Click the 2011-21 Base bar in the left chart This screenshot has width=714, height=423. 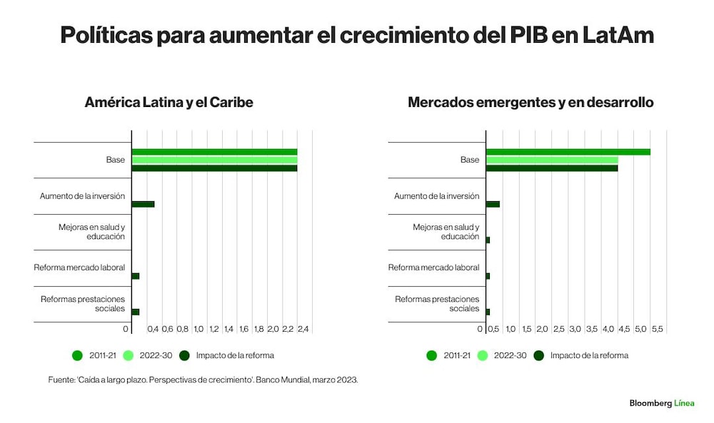click(214, 152)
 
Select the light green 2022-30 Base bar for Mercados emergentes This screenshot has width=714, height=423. click(552, 160)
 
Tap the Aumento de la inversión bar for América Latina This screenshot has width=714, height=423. click(143, 204)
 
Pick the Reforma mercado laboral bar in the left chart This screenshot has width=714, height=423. click(135, 276)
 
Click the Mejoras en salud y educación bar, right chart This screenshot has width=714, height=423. click(488, 240)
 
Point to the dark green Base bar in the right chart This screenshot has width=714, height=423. click(552, 168)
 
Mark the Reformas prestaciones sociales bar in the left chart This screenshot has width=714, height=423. click(135, 312)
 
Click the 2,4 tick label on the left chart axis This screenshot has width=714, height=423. click(303, 329)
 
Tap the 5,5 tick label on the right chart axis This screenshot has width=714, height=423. click(657, 329)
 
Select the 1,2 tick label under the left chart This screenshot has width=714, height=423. click(213, 329)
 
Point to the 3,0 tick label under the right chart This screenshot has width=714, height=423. click(575, 329)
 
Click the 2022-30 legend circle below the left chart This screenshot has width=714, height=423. click(129, 356)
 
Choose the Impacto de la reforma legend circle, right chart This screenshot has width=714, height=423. click(539, 356)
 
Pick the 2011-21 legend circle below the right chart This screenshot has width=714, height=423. click(432, 356)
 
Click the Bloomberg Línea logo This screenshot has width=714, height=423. click(662, 403)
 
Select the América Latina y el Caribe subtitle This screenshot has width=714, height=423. click(169, 102)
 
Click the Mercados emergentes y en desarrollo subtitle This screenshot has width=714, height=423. click(531, 102)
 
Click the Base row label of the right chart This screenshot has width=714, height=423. click(470, 160)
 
